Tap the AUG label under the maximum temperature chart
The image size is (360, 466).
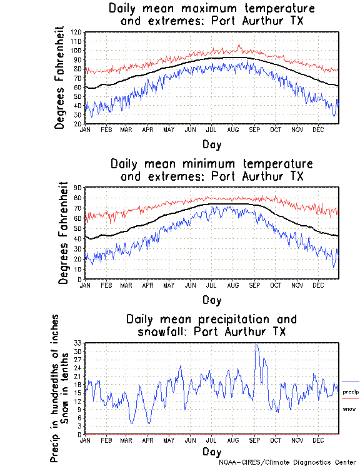pos(232,129)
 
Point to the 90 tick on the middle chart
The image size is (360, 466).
pos(77,188)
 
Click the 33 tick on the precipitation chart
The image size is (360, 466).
pos(77,343)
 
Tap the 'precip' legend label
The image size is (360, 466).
pos(350,392)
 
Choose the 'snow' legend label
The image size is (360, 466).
pos(349,408)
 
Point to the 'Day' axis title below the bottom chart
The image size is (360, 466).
pos(211,451)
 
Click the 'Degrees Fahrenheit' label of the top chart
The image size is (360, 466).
pos(60,78)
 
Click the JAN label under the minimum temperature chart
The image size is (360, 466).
pos(84,284)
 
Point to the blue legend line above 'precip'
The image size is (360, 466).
pos(350,382)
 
